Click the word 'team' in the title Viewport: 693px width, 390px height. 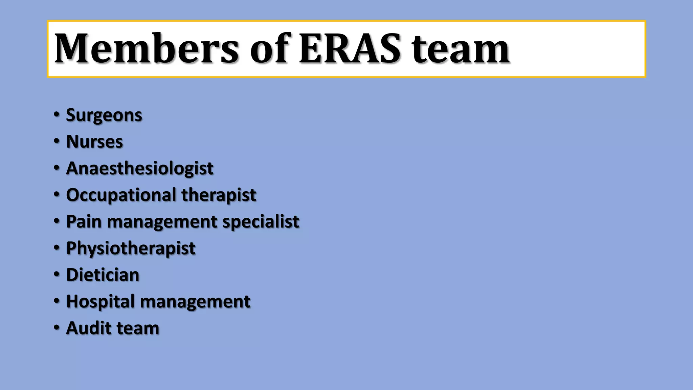pos(460,49)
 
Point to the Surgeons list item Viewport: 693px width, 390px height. pos(104,115)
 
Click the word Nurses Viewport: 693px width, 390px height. pos(94,142)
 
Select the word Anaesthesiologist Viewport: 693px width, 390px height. pos(139,169)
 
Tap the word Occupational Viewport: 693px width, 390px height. pos(121,195)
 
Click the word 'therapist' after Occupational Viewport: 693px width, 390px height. pos(219,195)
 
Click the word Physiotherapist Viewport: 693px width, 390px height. pos(131,248)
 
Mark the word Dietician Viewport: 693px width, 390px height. pos(103,275)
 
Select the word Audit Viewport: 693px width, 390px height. pos(89,328)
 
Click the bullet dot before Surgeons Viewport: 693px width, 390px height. pos(57,114)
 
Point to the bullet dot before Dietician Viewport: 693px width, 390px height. pos(57,274)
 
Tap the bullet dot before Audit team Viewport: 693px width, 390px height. pos(57,327)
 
